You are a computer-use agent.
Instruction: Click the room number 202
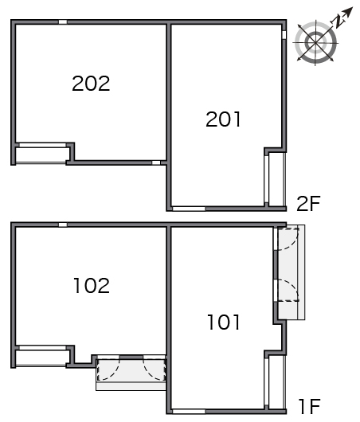[x=91, y=83]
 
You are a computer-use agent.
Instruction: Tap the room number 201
[x=223, y=119]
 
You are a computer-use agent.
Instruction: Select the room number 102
[x=92, y=286]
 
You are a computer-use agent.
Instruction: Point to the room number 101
[x=224, y=322]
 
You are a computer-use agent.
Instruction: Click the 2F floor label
[x=308, y=204]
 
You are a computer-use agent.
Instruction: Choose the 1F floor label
[x=310, y=407]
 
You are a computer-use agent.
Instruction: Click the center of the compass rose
[x=315, y=42]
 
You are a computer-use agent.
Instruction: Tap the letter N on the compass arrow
[x=338, y=21]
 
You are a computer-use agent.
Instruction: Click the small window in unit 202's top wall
[x=63, y=21]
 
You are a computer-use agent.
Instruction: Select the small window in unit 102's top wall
[x=63, y=225]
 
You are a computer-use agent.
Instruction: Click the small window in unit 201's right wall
[x=284, y=35]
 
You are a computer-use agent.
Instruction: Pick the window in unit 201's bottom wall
[x=189, y=209]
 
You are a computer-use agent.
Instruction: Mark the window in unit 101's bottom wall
[x=189, y=411]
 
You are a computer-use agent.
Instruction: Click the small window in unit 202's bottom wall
[x=156, y=162]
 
